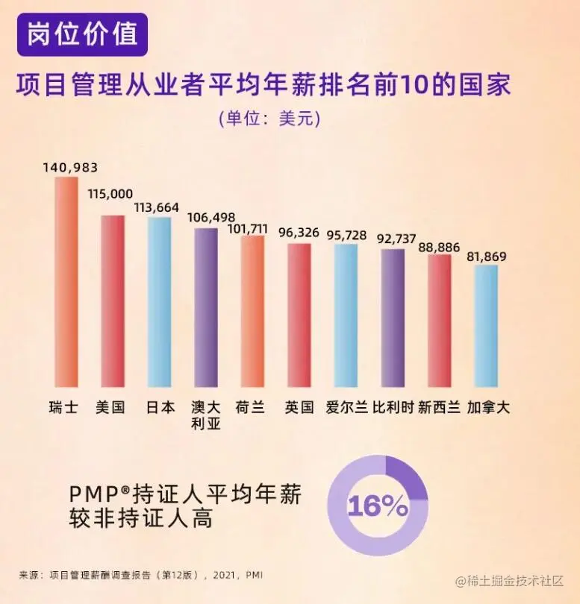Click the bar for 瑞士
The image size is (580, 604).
pos(66,283)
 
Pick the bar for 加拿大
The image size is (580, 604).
pos(486,327)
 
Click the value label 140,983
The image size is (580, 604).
pos(70,168)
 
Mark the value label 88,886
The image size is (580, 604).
pos(439,246)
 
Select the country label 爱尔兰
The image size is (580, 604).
pos(346,408)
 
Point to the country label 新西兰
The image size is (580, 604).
pos(438,408)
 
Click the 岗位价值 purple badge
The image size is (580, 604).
pos(82,35)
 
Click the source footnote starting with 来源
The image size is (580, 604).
pos(141,575)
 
